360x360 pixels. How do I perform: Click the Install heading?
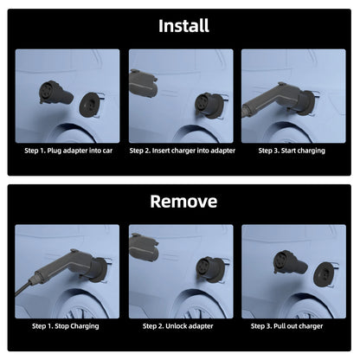183,26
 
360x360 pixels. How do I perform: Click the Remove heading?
183,201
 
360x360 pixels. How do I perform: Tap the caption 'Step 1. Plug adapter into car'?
68,151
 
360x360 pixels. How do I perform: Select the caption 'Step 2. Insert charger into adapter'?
183,151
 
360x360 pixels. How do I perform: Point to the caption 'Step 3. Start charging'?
292,151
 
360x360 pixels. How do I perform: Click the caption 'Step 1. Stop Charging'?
66,326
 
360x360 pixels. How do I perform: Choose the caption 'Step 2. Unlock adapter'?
178,326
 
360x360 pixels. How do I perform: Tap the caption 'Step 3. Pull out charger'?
286,326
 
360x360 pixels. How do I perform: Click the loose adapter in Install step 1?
56,93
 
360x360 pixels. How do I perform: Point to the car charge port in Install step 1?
90,105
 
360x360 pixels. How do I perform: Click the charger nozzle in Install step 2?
143,84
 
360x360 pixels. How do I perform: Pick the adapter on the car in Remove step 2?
210,270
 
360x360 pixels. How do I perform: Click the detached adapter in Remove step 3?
290,262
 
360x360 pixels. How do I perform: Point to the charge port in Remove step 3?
325,273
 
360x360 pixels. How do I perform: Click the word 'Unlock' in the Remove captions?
176,326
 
